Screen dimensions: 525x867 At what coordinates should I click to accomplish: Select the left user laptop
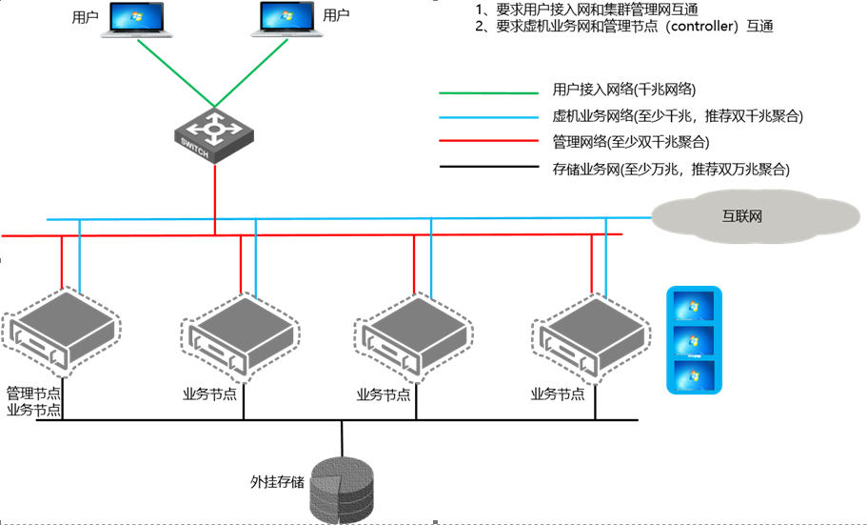click(140, 22)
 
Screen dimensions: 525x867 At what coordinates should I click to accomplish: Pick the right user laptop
click(284, 22)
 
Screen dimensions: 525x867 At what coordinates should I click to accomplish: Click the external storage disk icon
click(342, 487)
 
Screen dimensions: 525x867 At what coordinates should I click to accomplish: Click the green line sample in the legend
click(488, 93)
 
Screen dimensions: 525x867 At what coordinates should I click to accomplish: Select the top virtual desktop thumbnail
click(694, 306)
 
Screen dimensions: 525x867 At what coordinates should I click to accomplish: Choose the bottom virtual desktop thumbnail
click(694, 373)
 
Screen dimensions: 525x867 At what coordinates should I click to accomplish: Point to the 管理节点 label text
click(34, 394)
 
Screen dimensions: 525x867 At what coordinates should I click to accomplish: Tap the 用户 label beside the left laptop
click(85, 17)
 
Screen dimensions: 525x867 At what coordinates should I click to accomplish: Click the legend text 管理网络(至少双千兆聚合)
click(631, 143)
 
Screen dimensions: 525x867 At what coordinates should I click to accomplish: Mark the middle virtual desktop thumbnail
click(694, 339)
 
